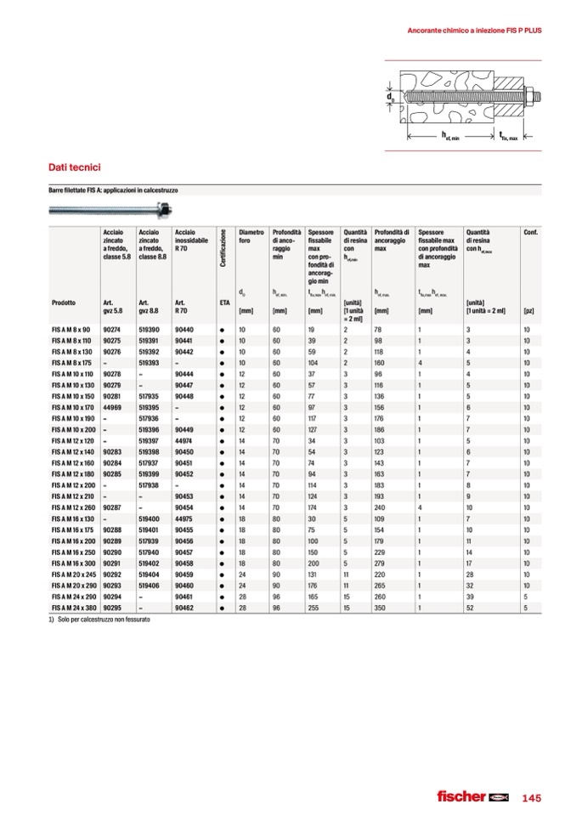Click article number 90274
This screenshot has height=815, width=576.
click(x=110, y=329)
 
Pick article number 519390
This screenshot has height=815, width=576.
click(x=149, y=329)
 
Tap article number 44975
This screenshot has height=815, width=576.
click(x=184, y=518)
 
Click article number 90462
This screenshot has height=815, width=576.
click(x=184, y=608)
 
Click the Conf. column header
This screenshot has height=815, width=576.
click(x=530, y=232)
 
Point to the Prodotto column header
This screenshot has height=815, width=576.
click(x=63, y=303)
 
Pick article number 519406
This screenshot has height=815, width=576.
click(x=149, y=586)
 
